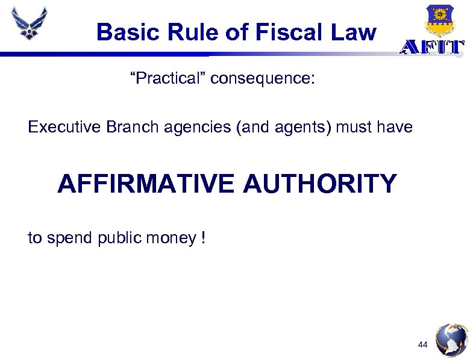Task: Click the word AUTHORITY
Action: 320,183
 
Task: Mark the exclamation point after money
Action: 204,238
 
